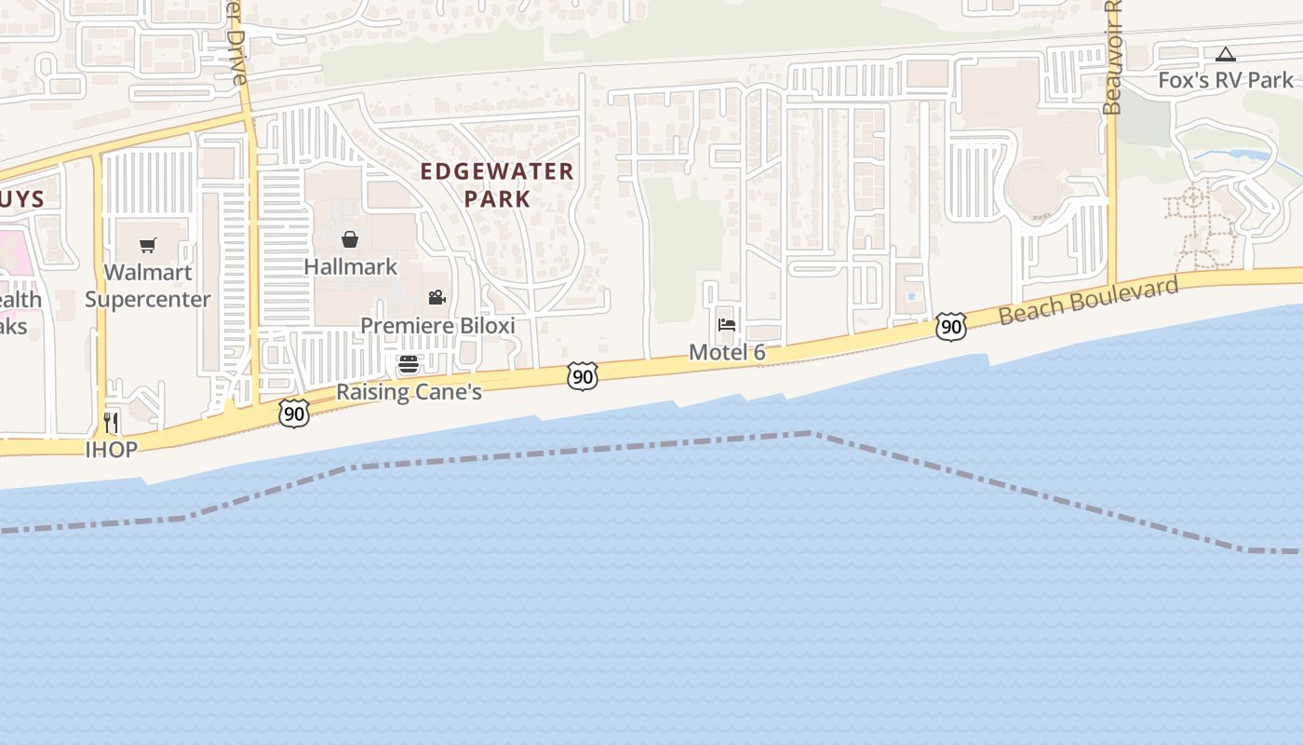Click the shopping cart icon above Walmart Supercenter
[x=148, y=246]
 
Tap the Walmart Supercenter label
[x=148, y=286]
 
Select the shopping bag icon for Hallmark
[x=350, y=240]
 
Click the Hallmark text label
[x=351, y=267]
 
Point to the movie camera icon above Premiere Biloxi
[x=437, y=298]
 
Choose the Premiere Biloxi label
[x=437, y=326]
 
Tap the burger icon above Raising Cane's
[x=409, y=364]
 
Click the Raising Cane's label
[x=409, y=392]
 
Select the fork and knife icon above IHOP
[x=111, y=423]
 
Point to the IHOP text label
[x=112, y=450]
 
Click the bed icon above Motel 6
[x=727, y=325]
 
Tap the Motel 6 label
[x=727, y=353]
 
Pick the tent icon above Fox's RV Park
[x=1226, y=55]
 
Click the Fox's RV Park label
[x=1226, y=81]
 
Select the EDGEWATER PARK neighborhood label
[x=497, y=184]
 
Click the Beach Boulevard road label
[x=1088, y=300]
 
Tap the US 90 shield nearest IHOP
[x=294, y=413]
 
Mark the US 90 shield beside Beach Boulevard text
[x=950, y=327]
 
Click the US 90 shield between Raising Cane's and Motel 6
[x=582, y=377]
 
